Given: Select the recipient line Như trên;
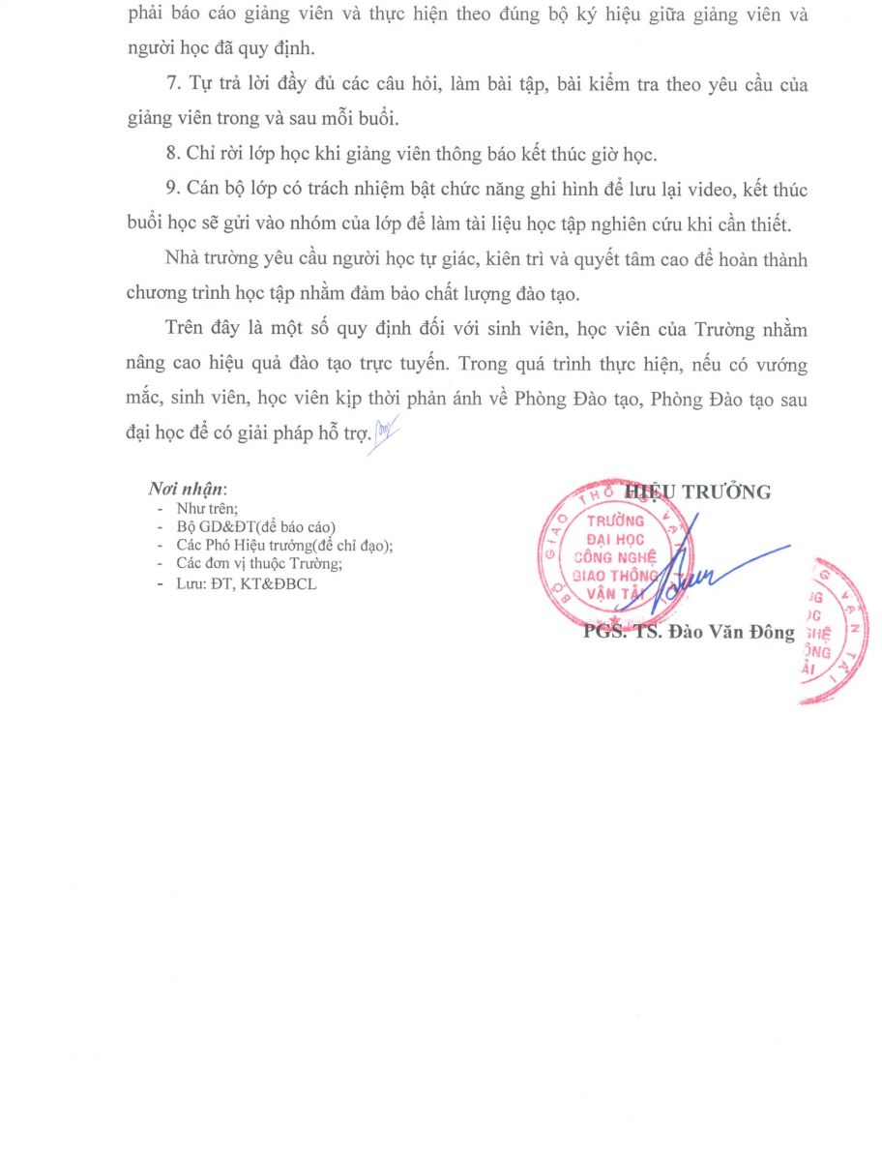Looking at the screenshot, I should point(207,507).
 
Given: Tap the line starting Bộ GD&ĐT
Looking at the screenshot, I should point(255,526).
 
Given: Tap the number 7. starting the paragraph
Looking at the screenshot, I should point(173,85).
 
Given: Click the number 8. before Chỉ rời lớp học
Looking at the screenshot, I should point(173,154).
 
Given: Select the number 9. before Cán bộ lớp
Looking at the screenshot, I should point(173,190).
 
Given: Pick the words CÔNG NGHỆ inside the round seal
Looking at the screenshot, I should point(615,557).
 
